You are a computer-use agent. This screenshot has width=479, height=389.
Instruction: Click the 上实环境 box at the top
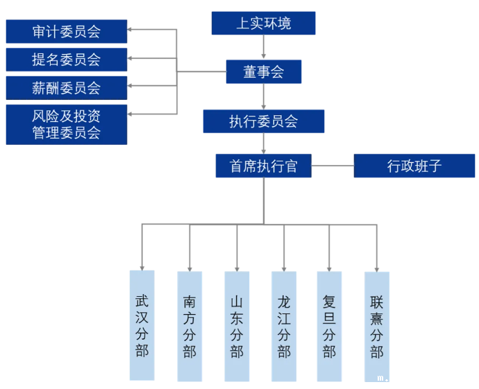tap(263, 24)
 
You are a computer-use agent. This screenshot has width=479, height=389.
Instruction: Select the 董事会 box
tap(263, 71)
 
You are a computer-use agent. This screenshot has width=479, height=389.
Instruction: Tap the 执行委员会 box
tap(263, 121)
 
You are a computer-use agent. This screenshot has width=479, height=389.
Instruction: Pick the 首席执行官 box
tap(263, 166)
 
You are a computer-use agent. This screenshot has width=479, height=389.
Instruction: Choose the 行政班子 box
tap(414, 166)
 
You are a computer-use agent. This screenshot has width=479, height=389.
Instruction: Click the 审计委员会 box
tap(66, 31)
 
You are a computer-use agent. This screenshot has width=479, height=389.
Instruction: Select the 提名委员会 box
tap(66, 60)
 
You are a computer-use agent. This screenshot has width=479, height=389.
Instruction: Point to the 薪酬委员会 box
tap(66, 88)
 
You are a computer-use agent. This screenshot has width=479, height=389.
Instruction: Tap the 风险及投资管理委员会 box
tap(66, 124)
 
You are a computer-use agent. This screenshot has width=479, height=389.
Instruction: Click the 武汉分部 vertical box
tap(142, 325)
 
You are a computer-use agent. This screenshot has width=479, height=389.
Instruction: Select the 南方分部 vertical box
tap(190, 326)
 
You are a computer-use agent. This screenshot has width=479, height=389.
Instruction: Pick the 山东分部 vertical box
tap(237, 326)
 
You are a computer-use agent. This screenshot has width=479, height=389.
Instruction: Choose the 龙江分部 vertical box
tap(283, 326)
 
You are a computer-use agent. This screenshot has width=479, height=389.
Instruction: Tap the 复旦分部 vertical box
tap(329, 326)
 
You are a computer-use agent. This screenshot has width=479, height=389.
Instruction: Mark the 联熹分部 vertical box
tap(376, 326)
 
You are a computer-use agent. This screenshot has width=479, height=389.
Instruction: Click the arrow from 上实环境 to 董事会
tap(263, 47)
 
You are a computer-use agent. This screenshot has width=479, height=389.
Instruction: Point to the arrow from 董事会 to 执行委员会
tap(263, 96)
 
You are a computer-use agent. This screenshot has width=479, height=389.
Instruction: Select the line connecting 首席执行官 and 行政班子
tap(333, 166)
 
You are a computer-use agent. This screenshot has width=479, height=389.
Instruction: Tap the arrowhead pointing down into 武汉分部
tap(142, 267)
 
